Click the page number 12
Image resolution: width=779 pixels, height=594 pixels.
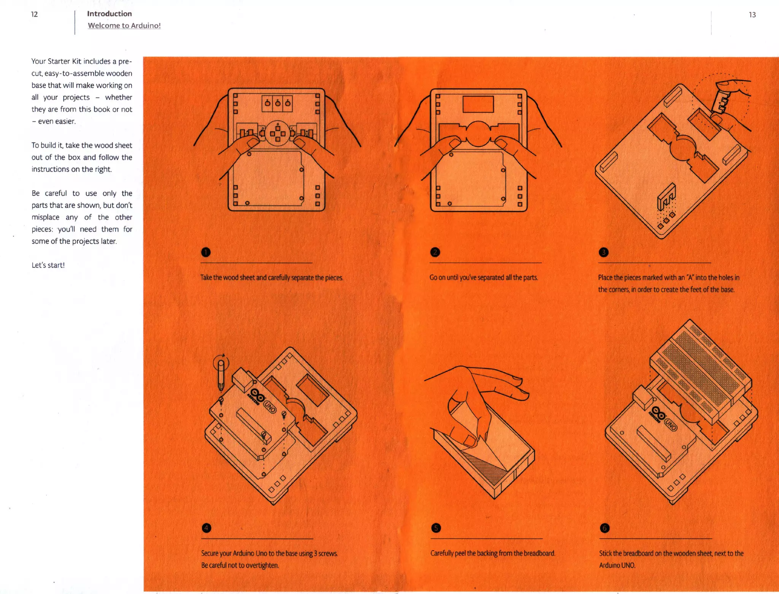pos(34,14)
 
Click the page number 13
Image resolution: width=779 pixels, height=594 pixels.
pos(752,15)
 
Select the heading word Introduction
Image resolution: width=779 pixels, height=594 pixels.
pos(109,14)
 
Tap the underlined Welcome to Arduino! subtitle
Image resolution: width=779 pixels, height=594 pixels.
pos(124,25)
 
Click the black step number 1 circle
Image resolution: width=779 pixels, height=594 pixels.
pos(206,252)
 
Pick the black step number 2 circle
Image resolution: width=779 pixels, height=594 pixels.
pos(435,252)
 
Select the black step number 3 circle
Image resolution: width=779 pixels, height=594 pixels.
pos(604,252)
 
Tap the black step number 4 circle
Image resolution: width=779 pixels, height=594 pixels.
pos(206,528)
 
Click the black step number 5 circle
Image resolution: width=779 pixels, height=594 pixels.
pos(436,528)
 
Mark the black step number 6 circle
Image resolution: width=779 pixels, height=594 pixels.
pos(604,528)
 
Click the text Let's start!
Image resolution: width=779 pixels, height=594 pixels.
pos(48,265)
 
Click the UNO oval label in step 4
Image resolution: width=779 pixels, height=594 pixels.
pos(270,407)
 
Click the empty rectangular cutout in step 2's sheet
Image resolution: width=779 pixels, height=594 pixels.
pos(478,104)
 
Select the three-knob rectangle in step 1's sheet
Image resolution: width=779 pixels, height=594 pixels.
pos(277,103)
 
